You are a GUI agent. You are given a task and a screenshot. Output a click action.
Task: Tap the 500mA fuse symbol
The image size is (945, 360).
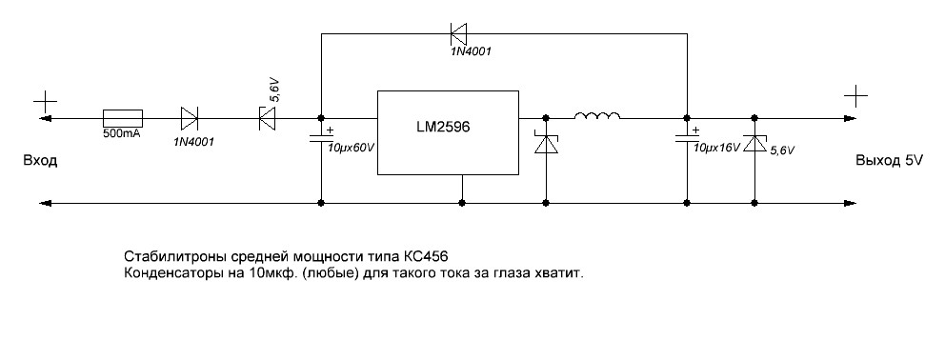click(123, 118)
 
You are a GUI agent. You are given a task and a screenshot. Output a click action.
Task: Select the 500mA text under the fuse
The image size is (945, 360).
click(123, 133)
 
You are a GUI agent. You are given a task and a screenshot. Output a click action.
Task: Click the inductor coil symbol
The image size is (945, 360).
click(596, 115)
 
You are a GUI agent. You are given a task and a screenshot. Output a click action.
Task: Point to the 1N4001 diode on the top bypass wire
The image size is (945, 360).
click(458, 33)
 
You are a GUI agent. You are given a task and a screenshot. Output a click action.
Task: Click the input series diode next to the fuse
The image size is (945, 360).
click(190, 118)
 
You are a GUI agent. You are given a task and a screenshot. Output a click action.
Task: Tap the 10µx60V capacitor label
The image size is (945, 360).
click(352, 148)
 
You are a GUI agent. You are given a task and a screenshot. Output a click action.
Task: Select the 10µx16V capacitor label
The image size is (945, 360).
click(716, 147)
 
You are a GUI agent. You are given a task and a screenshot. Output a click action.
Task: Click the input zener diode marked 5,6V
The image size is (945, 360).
click(267, 118)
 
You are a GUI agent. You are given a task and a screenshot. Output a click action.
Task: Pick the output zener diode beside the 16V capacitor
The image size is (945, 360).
click(754, 144)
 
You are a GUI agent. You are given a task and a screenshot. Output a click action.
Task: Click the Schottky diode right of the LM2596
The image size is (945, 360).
click(546, 144)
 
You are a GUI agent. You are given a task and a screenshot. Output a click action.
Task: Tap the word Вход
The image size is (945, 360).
click(40, 161)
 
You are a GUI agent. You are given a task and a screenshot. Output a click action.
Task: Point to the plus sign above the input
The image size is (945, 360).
click(45, 103)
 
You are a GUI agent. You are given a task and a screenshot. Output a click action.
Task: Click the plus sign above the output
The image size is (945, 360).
click(855, 96)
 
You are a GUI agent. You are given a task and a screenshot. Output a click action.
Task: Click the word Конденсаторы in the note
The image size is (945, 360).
click(161, 273)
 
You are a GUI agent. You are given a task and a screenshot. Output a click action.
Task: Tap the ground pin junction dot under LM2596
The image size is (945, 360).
click(462, 203)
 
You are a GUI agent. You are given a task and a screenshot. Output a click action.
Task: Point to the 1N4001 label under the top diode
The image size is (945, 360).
click(471, 51)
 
